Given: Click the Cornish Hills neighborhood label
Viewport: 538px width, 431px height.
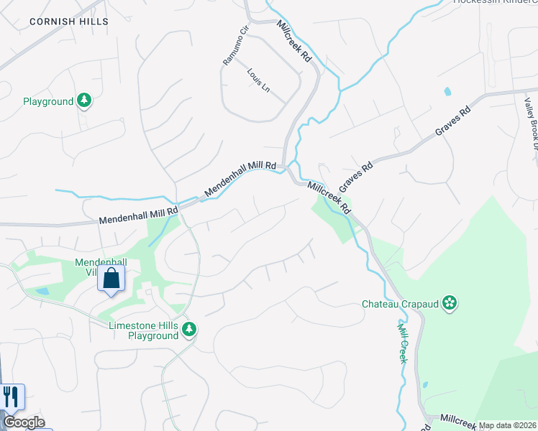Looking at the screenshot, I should [69, 22].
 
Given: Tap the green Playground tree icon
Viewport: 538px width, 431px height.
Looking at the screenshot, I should [85, 101].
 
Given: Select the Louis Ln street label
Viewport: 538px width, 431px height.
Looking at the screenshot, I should [257, 80].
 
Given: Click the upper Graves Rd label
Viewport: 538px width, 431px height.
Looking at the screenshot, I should [453, 122].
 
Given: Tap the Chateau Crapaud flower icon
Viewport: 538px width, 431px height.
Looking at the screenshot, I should [450, 303].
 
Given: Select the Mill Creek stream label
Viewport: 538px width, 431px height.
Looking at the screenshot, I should [403, 342].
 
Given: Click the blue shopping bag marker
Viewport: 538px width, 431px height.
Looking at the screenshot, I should [111, 278].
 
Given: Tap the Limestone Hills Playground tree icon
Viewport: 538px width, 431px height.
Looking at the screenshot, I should [189, 330].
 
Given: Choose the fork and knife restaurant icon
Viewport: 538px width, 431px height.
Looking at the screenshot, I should [11, 396].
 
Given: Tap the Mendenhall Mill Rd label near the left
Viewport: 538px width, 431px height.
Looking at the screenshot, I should [138, 214].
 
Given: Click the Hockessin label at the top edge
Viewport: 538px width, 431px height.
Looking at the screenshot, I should [496, 2].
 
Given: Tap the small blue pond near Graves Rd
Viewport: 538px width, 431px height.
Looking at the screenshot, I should [448, 92].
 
